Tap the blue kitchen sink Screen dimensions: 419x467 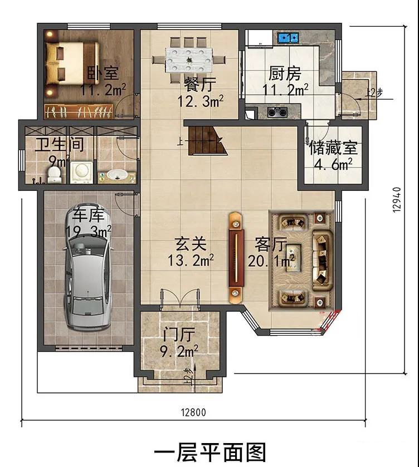288,37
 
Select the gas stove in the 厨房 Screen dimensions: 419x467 277,112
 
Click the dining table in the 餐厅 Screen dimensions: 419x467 188,60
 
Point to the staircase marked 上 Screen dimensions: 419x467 206,140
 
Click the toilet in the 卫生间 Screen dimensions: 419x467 54,175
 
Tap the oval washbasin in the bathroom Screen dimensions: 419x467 117,175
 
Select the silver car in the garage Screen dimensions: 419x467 87,271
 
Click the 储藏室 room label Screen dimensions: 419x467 333,148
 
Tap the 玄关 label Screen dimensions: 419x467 191,244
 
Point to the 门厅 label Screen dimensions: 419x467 179,335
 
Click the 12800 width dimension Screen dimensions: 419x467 193,412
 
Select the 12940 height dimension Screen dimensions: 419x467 397,200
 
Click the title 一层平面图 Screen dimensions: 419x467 209,453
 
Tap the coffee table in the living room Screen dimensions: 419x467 294,258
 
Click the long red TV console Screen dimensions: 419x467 236,258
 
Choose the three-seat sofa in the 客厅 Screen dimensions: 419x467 322,260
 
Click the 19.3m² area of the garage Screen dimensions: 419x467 89,232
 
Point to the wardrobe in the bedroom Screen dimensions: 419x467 79,112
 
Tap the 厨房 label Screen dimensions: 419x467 285,73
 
